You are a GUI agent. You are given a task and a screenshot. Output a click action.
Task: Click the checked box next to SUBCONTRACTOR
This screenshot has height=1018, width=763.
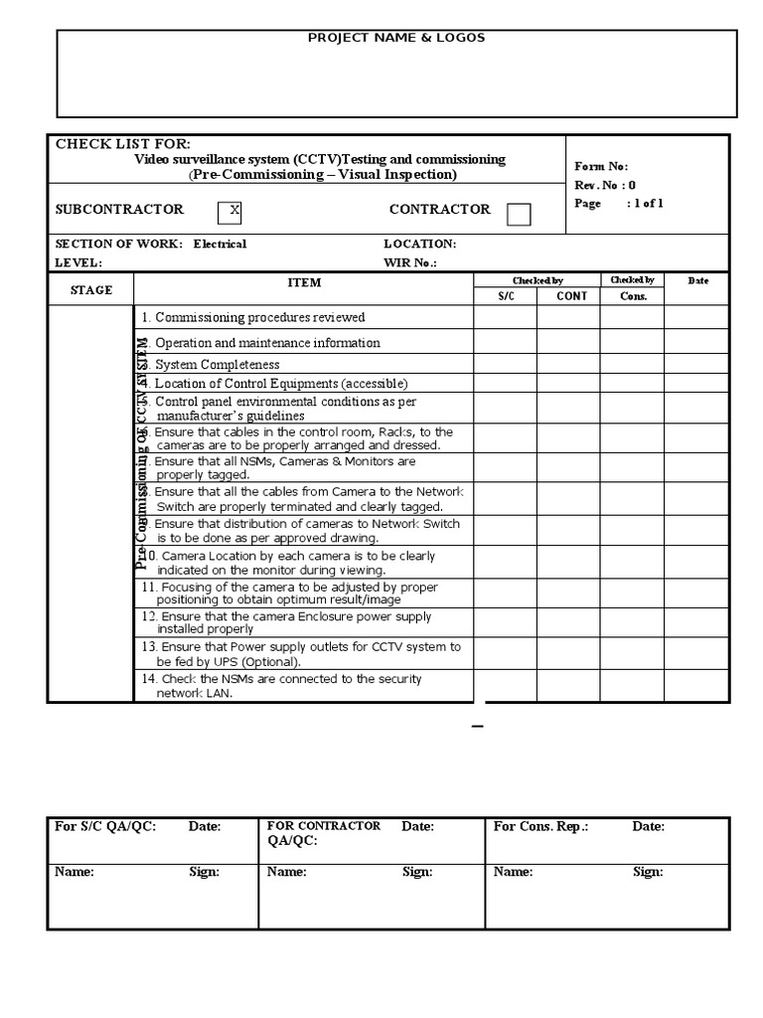click(x=229, y=212)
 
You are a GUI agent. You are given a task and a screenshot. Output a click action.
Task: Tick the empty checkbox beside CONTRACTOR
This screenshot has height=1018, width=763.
click(x=519, y=214)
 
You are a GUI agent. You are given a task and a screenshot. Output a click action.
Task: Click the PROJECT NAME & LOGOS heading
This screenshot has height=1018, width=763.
click(x=396, y=38)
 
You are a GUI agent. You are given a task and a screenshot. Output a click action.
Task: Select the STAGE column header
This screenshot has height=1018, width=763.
click(x=90, y=290)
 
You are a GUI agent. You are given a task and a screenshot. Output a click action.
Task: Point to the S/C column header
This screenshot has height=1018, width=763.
click(x=506, y=296)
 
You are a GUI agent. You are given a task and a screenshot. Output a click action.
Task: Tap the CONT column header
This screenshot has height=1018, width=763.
click(x=571, y=296)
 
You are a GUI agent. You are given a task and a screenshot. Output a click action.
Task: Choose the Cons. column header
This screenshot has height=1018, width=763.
click(x=633, y=296)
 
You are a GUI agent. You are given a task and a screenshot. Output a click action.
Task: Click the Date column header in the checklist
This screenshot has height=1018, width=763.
click(x=698, y=281)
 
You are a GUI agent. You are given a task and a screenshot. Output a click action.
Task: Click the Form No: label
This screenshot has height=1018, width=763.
click(x=601, y=167)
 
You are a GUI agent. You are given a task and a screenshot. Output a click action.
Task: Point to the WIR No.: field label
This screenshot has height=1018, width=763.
click(x=409, y=263)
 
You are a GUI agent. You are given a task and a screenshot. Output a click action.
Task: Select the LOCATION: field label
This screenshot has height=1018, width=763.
click(x=419, y=244)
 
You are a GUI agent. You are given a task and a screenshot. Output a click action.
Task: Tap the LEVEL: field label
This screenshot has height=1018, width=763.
click(x=78, y=263)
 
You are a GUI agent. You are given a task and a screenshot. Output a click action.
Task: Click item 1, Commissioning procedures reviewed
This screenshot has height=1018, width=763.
click(x=253, y=318)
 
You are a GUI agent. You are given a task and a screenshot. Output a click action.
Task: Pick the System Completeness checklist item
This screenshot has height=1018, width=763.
click(x=217, y=365)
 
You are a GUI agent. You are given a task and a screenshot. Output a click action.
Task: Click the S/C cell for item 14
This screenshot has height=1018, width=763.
click(x=506, y=686)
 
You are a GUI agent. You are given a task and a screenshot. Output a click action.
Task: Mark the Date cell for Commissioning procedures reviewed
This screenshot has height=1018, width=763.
click(x=698, y=318)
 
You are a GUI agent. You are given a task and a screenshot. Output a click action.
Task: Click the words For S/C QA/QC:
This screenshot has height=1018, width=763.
click(x=105, y=826)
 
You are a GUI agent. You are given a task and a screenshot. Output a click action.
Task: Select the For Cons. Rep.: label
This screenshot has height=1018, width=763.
click(x=541, y=826)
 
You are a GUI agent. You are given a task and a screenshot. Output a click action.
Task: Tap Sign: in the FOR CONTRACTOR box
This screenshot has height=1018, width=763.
click(x=417, y=872)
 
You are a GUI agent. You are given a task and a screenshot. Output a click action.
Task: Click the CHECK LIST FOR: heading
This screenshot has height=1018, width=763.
click(x=123, y=144)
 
